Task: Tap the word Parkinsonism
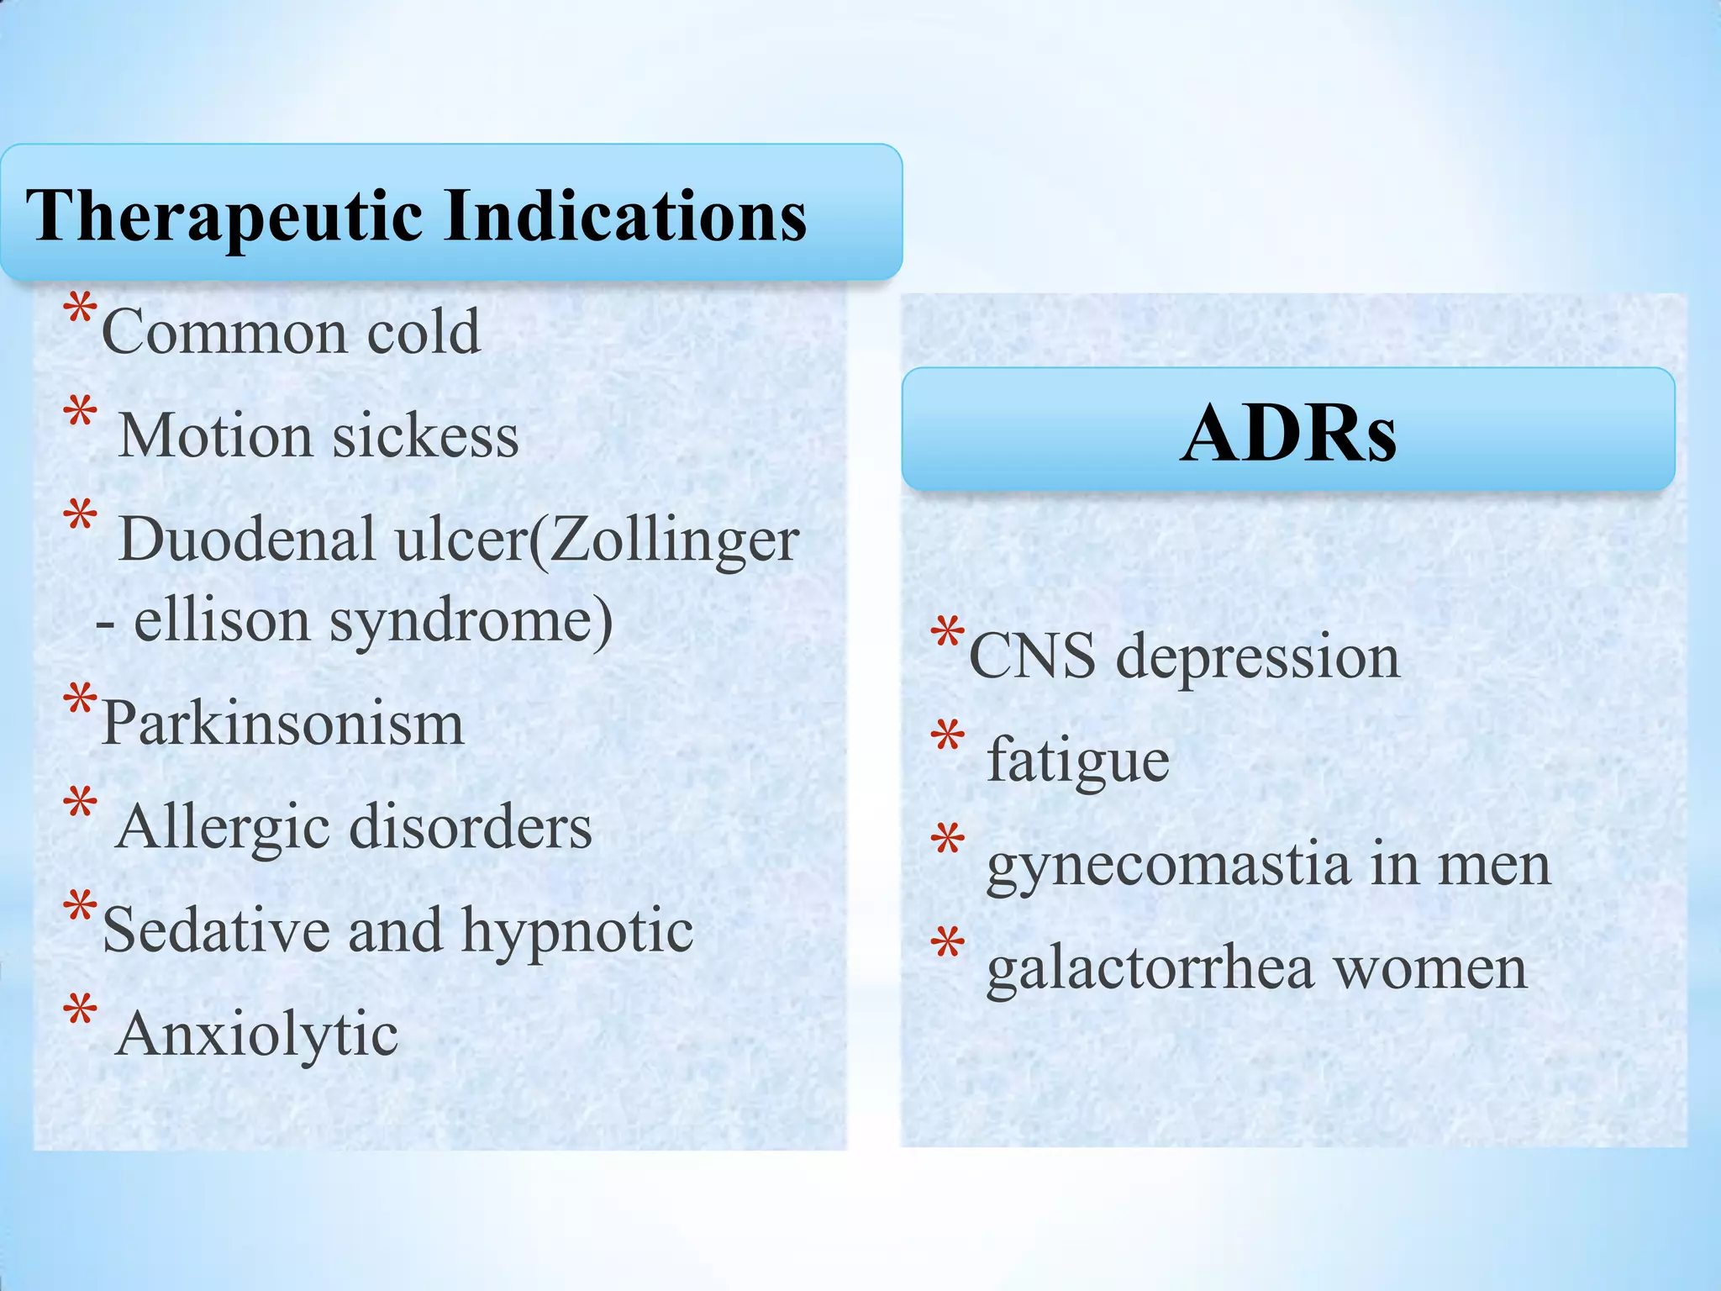[x=282, y=724]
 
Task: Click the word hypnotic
[x=577, y=931]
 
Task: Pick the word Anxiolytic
[x=257, y=1035]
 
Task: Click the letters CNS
[x=1032, y=656]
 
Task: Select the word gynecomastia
[x=1168, y=867]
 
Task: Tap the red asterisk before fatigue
[x=947, y=737]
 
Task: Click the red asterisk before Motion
[x=80, y=414]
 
